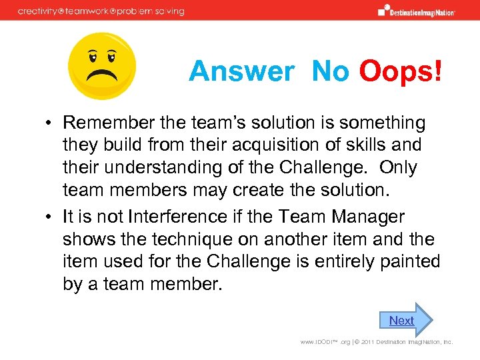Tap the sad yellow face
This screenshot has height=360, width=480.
click(102, 66)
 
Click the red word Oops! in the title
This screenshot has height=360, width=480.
click(401, 71)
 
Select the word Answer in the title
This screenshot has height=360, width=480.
click(241, 71)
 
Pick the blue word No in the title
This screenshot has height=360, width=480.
click(330, 71)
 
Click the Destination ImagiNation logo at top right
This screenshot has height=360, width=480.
click(416, 10)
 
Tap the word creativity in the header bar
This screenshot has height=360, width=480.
click(40, 11)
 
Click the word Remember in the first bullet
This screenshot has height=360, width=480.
click(111, 123)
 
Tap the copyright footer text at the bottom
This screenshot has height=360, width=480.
click(376, 342)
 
